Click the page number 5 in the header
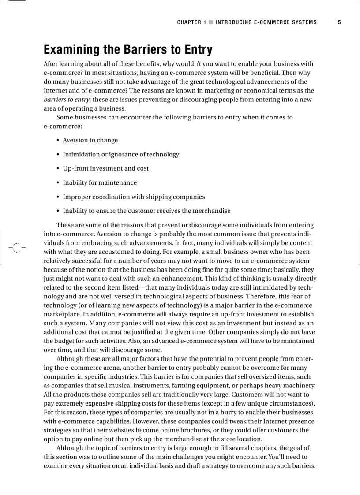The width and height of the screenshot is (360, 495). coord(339,22)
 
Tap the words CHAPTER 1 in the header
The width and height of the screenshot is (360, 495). coord(191,22)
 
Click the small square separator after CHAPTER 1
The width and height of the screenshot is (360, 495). coord(211,22)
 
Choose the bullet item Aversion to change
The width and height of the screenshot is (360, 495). coord(90,140)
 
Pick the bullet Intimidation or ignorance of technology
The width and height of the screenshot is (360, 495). coord(121,154)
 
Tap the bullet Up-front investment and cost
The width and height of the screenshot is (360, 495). coord(105,168)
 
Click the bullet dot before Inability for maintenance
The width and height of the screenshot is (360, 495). coord(58,183)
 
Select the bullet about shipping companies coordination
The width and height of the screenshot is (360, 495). coord(134,197)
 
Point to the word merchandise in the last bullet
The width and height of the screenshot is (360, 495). coord(211,211)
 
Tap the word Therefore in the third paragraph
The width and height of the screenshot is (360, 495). coord(261,296)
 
